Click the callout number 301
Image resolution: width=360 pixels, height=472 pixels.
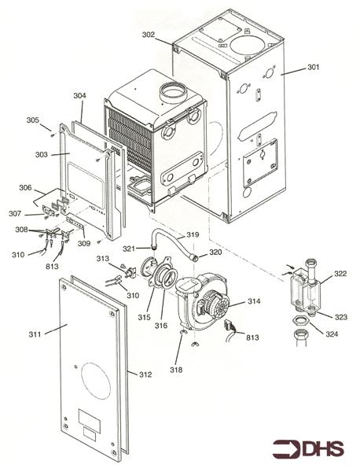click(313, 69)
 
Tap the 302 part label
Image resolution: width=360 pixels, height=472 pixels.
click(149, 35)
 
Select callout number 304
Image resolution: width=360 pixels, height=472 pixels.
click(80, 96)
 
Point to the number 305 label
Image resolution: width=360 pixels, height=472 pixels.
click(32, 120)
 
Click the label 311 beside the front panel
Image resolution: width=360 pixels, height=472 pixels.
click(34, 334)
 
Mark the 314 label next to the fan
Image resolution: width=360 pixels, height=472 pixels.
click(254, 301)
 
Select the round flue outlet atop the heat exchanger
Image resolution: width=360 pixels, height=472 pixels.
click(173, 93)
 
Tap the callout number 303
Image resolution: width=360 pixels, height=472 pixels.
click(42, 155)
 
